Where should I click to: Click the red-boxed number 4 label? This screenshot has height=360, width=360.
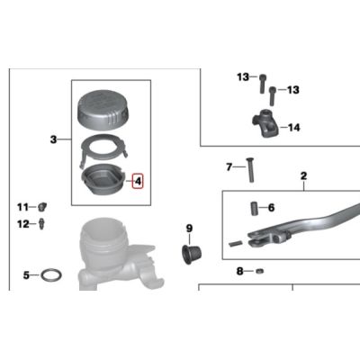pos(138,181)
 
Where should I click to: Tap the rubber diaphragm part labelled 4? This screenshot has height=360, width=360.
pos(103,181)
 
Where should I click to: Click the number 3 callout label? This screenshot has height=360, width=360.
pos(53,139)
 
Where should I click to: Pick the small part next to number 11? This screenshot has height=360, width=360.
pos(42,207)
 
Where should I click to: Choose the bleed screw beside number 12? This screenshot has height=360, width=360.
pos(41,224)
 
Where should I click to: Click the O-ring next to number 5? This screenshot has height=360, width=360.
pos(51,274)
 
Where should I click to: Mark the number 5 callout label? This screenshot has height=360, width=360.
pos(27,275)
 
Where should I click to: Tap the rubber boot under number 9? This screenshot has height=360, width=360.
pos(192,255)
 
